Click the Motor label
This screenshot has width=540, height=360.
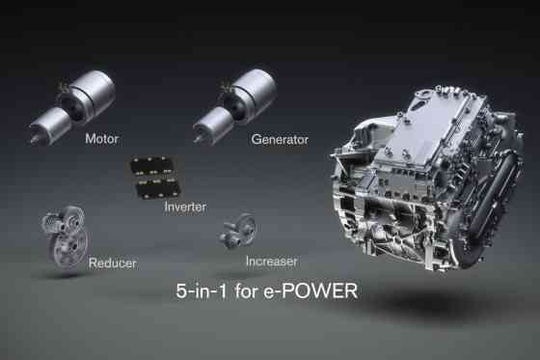pos(101,138)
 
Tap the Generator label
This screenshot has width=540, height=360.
pos(280,139)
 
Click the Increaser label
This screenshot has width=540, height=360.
pos(270,261)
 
